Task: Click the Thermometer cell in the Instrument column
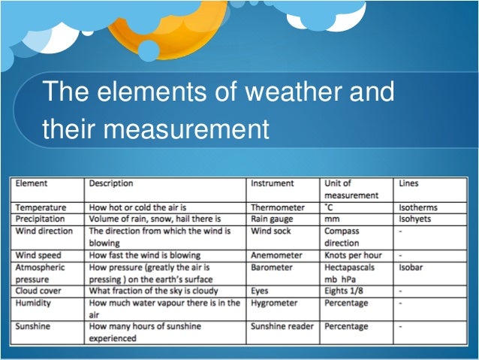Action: pyautogui.click(x=278, y=207)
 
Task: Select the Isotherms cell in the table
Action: pyautogui.click(x=418, y=207)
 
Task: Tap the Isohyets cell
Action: pyautogui.click(x=416, y=219)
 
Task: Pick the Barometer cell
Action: pyautogui.click(x=272, y=267)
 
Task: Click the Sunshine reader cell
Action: pyautogui.click(x=282, y=327)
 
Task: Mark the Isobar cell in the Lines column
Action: pyautogui.click(x=411, y=267)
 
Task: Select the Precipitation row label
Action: pyautogui.click(x=41, y=219)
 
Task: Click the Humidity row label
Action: pyautogui.click(x=35, y=303)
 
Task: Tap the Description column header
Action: pyautogui.click(x=111, y=183)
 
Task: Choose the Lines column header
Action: pyautogui.click(x=411, y=183)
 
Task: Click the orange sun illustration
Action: pyautogui.click(x=173, y=23)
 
